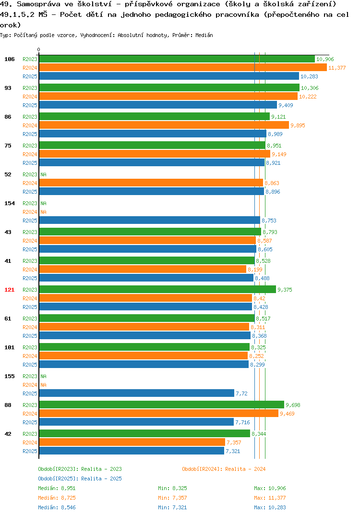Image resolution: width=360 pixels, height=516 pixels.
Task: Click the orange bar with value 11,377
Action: (x=183, y=67)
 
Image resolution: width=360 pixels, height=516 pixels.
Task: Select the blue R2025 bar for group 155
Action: (x=137, y=393)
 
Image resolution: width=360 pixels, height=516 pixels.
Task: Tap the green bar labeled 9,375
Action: (x=157, y=290)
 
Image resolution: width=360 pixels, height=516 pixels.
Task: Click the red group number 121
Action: (x=10, y=290)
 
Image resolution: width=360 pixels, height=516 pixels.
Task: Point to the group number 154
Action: (x=10, y=203)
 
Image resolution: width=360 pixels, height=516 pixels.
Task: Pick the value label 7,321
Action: (x=233, y=451)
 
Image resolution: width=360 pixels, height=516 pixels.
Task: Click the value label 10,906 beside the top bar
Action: (x=325, y=59)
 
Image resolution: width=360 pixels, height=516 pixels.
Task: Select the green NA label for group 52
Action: (x=43, y=174)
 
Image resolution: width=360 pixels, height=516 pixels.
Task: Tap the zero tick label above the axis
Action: (x=39, y=49)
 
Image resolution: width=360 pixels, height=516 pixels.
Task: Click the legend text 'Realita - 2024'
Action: (x=245, y=469)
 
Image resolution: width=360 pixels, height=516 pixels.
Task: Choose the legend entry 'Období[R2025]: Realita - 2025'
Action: (x=80, y=479)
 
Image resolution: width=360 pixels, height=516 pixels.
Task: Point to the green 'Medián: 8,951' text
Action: (x=57, y=488)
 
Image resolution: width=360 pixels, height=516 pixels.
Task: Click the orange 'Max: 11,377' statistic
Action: (x=270, y=498)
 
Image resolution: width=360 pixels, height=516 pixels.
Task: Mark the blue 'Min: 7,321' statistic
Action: (x=172, y=507)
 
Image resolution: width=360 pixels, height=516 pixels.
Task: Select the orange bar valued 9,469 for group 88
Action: (x=159, y=413)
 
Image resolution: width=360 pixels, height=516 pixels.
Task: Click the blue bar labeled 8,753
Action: (x=150, y=220)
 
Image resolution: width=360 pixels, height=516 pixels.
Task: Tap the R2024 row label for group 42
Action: (x=30, y=442)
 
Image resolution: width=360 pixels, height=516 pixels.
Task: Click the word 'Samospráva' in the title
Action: (x=39, y=4)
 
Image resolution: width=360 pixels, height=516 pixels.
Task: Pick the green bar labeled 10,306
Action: (x=169, y=87)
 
